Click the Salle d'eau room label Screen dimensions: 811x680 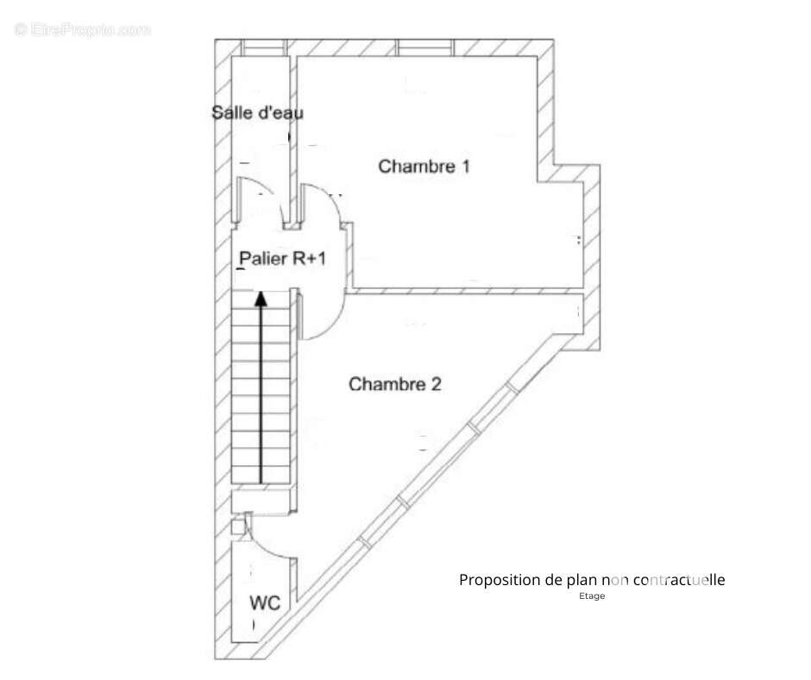pos(257,112)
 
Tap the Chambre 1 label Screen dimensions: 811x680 pos(424,167)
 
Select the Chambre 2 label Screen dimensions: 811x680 pos(394,384)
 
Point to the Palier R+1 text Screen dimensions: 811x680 pos(282,258)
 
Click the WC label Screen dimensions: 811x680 pos(265,603)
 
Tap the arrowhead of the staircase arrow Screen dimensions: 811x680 pos(261,299)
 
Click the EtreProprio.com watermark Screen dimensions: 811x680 pos(83,29)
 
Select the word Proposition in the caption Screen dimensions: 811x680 pos(500,580)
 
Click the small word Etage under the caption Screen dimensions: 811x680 pos(592,595)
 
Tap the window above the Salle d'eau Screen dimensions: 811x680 pos(264,47)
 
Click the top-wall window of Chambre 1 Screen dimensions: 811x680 pos(425,47)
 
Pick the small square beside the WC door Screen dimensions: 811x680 pos(238,526)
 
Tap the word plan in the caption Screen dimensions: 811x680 pos(582,580)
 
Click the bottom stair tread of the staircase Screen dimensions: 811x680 pos(261,475)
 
